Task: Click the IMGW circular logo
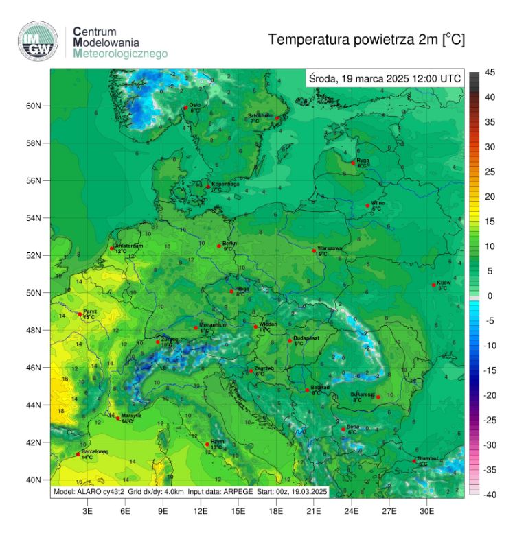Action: coord(37,41)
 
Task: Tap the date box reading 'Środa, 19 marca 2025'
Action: coord(385,78)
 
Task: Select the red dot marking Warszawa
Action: coord(314,251)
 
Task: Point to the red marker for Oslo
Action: coord(185,108)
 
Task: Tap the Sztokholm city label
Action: coord(260,115)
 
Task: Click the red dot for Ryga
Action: coord(353,163)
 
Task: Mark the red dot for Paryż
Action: coord(80,314)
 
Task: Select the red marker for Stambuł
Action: coord(415,461)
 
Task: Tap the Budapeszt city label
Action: coord(304,339)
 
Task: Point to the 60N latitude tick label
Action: coord(34,106)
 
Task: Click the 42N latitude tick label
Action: coord(34,442)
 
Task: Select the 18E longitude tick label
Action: coord(276,511)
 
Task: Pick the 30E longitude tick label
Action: coord(426,511)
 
